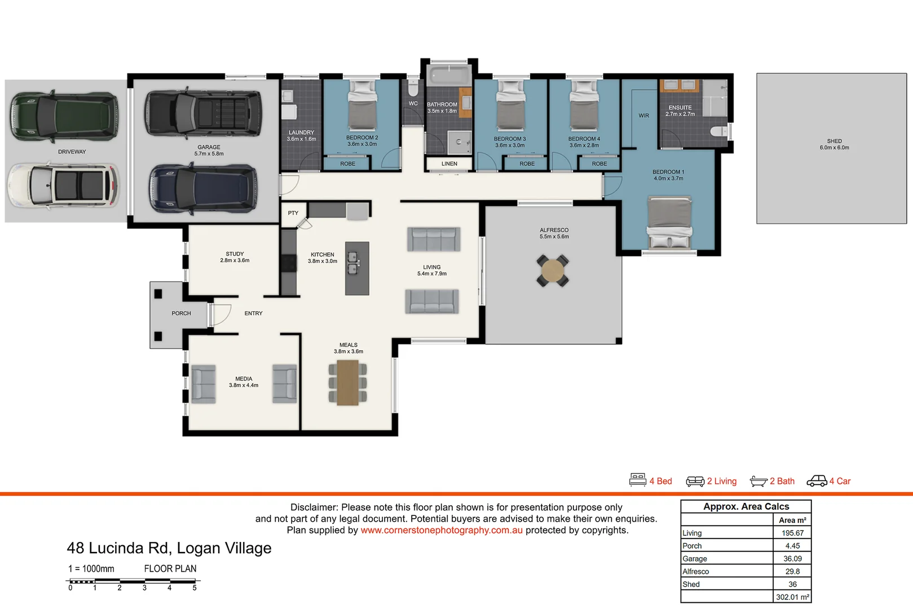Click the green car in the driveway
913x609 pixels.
64,116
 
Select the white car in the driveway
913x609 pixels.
63,185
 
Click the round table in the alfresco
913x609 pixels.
553,271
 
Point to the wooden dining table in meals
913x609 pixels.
348,383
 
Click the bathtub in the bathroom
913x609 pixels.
449,76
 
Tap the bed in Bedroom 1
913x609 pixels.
669,222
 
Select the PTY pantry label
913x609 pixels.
293,213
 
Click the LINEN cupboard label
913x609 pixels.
449,164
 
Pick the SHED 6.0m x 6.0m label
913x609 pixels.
834,144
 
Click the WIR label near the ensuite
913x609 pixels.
643,116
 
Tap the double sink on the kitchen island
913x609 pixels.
352,263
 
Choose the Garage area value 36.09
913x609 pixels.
792,559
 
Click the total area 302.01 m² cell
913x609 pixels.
792,597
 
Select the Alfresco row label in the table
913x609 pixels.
696,572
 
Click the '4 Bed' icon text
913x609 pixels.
660,481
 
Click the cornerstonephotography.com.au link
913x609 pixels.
442,530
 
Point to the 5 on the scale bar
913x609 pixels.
195,588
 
